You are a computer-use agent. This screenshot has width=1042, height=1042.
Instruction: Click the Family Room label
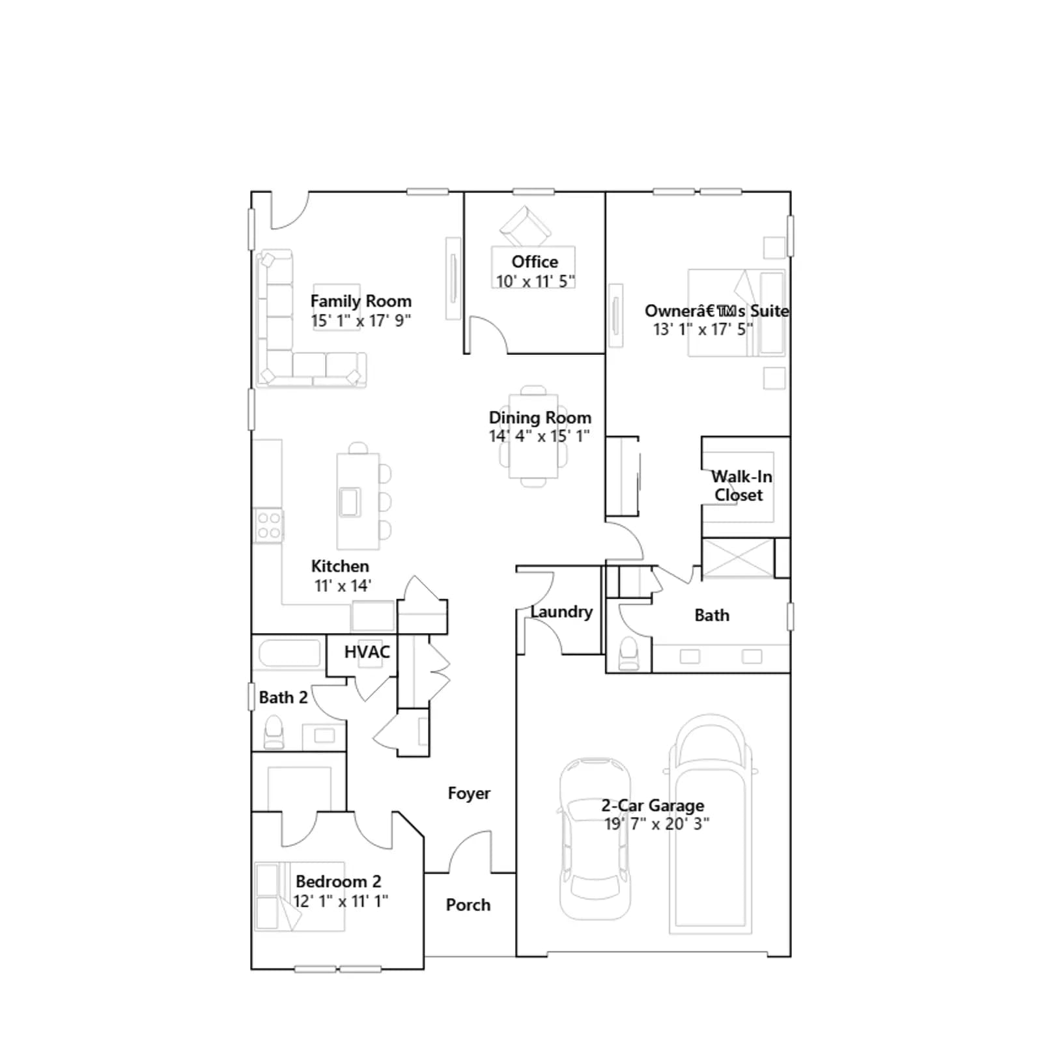[361, 302]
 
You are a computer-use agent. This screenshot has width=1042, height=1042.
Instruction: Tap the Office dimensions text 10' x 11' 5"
[535, 281]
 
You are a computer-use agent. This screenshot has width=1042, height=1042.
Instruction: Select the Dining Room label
[540, 418]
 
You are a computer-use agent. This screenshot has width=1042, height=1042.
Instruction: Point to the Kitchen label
[340, 567]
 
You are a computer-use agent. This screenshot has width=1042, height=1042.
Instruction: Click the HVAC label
[367, 652]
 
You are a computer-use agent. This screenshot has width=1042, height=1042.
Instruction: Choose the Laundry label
[561, 612]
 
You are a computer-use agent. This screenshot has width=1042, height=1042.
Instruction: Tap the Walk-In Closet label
[740, 486]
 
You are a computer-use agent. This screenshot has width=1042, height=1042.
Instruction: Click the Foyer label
[469, 794]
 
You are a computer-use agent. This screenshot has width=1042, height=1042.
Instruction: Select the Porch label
[468, 905]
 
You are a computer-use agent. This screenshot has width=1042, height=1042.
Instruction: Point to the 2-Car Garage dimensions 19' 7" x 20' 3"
[656, 824]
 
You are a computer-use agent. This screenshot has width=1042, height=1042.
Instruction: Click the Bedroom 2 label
[339, 882]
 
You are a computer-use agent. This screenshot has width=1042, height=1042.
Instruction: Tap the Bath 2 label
[283, 698]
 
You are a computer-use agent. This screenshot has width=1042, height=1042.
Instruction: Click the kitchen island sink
[350, 502]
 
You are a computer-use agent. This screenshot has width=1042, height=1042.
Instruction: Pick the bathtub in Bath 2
[290, 653]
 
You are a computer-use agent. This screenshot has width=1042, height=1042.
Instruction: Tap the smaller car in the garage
[595, 839]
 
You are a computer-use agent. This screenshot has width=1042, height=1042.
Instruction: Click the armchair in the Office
[526, 225]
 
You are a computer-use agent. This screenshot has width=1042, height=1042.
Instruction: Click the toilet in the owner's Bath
[628, 653]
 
